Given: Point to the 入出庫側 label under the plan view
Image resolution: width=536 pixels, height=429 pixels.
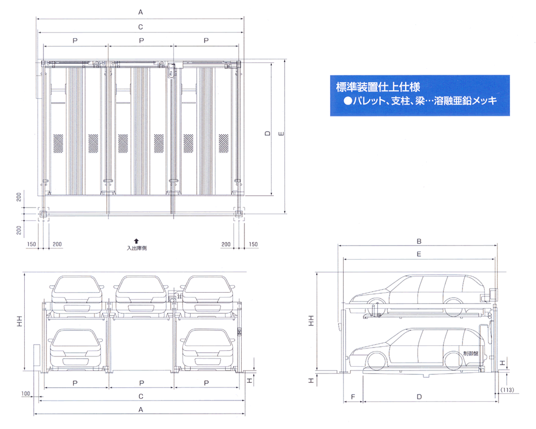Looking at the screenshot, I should coord(137,248).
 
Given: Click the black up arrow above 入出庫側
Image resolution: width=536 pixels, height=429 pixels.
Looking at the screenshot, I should coord(137,241).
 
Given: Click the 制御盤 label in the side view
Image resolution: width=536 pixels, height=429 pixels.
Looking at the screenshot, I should coord(472,353).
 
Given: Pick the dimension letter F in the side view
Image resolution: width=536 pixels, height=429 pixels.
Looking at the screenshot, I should coord(353,397).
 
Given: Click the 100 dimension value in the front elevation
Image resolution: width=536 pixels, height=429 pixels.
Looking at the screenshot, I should coord(25,394).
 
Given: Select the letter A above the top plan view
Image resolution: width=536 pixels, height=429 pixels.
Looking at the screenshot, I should coord(140,11).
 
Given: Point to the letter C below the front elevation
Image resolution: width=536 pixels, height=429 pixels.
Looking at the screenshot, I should coord(140,397).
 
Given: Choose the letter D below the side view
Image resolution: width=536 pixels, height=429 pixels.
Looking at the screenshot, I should coord(420,397).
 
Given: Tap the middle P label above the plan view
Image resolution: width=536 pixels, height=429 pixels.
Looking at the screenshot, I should coord(141,40).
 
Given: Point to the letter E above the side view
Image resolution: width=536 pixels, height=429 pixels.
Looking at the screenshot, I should coord(419,254).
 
